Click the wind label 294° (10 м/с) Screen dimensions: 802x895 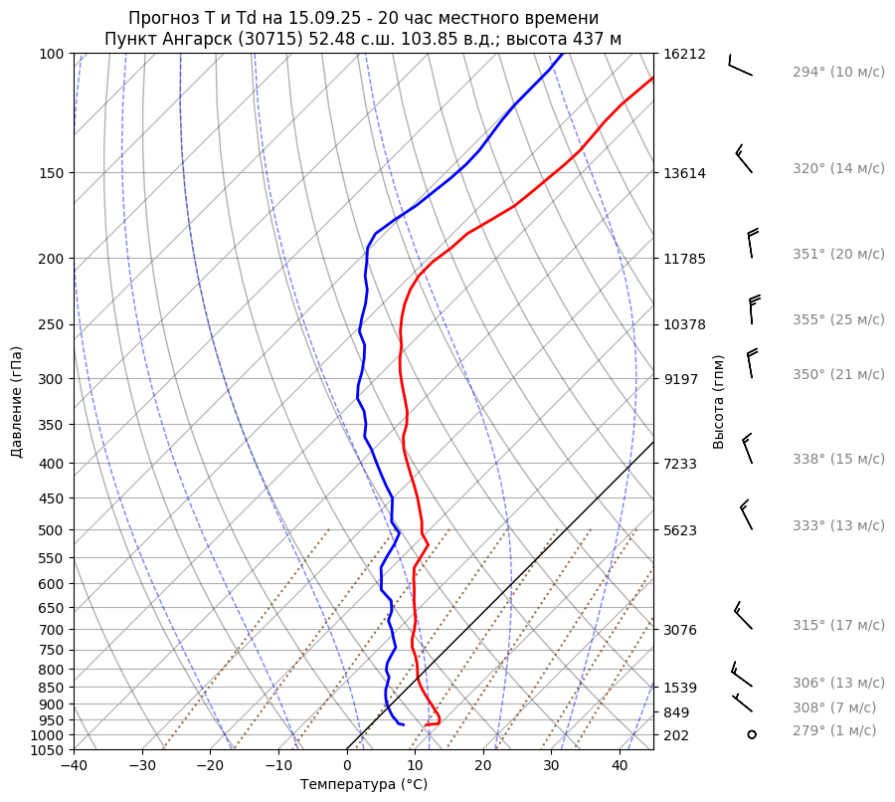coord(837,73)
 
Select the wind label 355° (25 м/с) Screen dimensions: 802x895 coord(837,319)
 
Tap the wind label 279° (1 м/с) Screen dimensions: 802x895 coord(833,730)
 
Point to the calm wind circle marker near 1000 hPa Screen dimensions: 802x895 coord(752,734)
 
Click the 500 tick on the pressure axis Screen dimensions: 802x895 coord(52,529)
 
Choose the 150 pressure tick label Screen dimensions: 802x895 coord(52,173)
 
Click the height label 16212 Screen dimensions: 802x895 coord(684,54)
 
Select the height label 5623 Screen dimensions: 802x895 coord(684,529)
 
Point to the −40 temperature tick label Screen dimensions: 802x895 coord(74,765)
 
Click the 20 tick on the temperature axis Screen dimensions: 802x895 coord(483,765)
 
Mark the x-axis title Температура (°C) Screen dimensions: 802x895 coord(364,785)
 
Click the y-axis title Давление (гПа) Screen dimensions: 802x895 coord(17,402)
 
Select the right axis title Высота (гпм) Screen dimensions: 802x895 coord(719,402)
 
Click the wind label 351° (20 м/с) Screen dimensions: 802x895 coord(837,254)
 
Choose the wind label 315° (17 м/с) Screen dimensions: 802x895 coord(837,625)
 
